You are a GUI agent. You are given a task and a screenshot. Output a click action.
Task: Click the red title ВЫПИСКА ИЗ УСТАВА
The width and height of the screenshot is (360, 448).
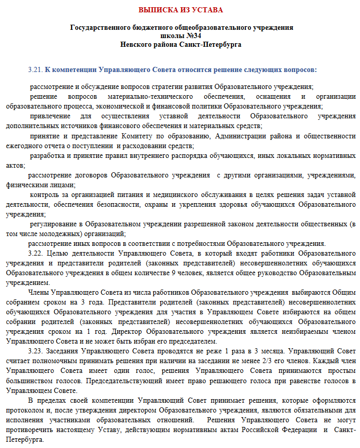(181, 10)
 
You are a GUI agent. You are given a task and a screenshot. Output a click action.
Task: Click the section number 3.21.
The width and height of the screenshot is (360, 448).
(35, 69)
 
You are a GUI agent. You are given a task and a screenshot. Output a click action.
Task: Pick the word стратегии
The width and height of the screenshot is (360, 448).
(154, 86)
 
